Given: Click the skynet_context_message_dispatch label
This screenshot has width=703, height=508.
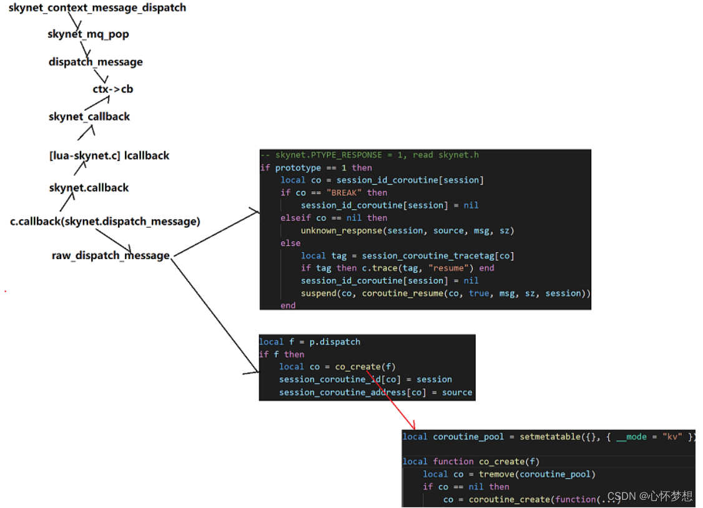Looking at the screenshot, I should coord(97,8).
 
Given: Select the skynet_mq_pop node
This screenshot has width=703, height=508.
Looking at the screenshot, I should coord(88,34).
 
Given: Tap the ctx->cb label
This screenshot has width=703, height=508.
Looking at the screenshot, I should coord(113,89).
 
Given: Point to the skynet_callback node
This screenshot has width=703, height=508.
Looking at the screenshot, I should coord(89,117).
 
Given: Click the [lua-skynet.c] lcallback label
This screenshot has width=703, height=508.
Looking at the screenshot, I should coord(109,155).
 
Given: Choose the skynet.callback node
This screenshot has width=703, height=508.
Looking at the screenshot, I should coord(89,188).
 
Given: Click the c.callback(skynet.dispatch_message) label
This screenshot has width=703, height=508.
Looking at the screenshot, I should coord(105,222).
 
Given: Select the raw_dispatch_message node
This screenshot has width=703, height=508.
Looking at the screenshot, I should coord(111,255).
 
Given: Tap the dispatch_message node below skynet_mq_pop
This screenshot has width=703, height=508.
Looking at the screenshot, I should coord(96,62).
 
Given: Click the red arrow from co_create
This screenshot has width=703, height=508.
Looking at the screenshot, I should coord(396,399).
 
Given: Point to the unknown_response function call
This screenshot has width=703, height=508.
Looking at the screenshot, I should coord(341,230).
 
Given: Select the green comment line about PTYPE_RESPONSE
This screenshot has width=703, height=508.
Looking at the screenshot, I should coord(369,155).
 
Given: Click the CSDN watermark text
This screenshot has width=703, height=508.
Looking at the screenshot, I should coord(649,496).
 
